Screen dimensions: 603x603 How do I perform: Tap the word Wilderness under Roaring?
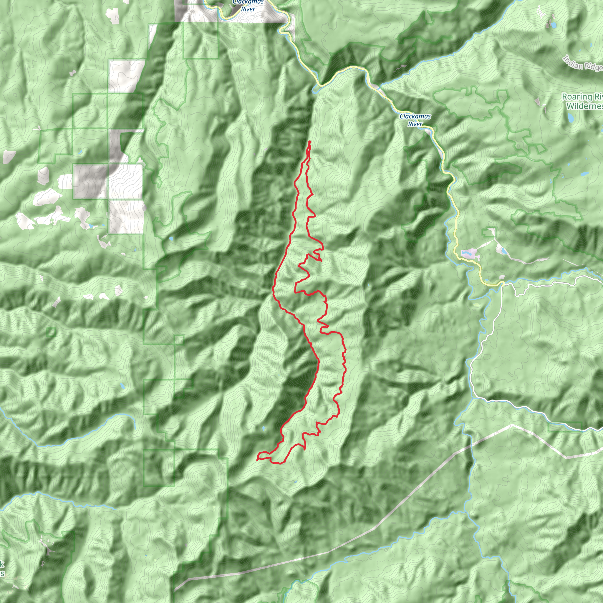[584, 106]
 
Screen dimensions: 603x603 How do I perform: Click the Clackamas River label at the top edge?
[248, 6]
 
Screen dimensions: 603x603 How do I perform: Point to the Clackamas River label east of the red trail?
[415, 120]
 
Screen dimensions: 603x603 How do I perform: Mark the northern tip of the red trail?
[310, 142]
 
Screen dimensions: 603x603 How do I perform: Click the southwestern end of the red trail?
[257, 459]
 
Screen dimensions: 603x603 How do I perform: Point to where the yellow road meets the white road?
[503, 284]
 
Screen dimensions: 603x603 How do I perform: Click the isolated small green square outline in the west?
[51, 332]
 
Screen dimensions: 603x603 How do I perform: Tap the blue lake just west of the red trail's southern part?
[264, 428]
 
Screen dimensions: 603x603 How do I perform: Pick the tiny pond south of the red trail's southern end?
[296, 482]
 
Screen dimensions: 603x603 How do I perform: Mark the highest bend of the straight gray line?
[511, 425]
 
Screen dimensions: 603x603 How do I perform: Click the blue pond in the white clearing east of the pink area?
[503, 251]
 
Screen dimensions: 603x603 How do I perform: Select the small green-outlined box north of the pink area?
[488, 233]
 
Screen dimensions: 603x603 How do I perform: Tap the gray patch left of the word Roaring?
[537, 102]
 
